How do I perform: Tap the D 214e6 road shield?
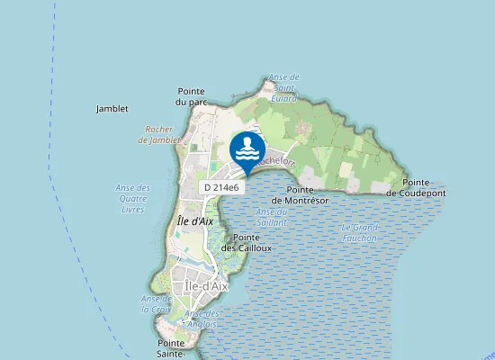pyautogui.click(x=220, y=187)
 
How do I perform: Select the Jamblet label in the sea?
pyautogui.click(x=112, y=109)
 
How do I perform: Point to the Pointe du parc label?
pyautogui.click(x=192, y=96)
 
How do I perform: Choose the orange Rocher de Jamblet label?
pyautogui.click(x=160, y=134)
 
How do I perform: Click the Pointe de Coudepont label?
pyautogui.click(x=415, y=188)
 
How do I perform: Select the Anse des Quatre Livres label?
pyautogui.click(x=133, y=198)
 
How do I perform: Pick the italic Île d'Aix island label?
pyautogui.click(x=195, y=220)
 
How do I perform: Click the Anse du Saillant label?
pyautogui.click(x=271, y=216)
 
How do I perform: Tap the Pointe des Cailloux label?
pyautogui.click(x=246, y=241)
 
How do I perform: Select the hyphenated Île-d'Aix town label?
pyautogui.click(x=206, y=285)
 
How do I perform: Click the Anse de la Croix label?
pyautogui.click(x=156, y=303)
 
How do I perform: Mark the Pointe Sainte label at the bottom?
pyautogui.click(x=171, y=348)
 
